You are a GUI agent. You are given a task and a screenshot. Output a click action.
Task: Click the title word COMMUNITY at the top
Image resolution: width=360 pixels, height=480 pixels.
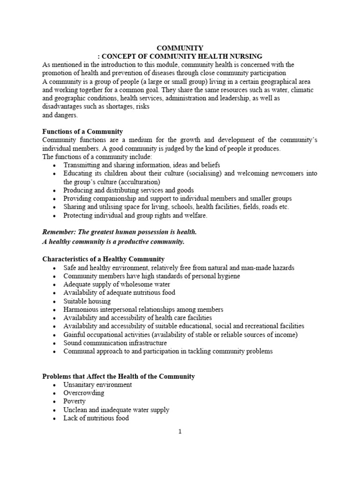180,48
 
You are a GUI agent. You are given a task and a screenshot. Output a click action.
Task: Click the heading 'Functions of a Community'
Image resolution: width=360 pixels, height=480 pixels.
82,132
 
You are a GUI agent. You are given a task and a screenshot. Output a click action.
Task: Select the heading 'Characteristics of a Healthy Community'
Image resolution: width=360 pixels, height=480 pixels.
104,259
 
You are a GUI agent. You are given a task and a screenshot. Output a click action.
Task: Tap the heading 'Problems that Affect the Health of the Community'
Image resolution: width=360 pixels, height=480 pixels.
119,376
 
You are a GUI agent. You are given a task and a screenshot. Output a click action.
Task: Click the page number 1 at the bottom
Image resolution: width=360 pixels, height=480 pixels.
180,432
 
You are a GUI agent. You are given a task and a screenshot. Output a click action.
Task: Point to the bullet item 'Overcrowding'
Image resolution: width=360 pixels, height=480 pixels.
84,393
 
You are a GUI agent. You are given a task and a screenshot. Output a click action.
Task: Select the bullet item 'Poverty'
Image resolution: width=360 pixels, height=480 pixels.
75,401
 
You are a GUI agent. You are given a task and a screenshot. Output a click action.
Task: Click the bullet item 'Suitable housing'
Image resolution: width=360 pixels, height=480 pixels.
87,301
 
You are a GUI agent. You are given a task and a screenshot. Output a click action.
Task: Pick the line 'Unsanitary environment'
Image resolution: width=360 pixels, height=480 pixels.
97,384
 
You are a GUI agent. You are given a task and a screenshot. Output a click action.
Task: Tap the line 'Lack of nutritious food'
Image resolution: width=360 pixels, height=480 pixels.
96,418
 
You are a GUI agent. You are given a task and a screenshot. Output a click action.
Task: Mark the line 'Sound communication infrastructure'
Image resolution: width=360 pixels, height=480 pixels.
115,343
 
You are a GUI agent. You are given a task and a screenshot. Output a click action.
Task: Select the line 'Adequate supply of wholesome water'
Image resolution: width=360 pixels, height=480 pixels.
117,284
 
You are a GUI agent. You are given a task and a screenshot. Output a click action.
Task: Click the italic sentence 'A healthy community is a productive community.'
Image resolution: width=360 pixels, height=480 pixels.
113,242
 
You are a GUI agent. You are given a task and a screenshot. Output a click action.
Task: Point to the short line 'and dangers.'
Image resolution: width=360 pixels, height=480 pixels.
60,115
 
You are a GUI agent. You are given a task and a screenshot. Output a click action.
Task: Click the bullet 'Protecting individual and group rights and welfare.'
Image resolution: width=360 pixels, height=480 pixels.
135,216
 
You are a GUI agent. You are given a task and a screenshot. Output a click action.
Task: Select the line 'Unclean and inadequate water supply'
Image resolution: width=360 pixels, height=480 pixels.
116,410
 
